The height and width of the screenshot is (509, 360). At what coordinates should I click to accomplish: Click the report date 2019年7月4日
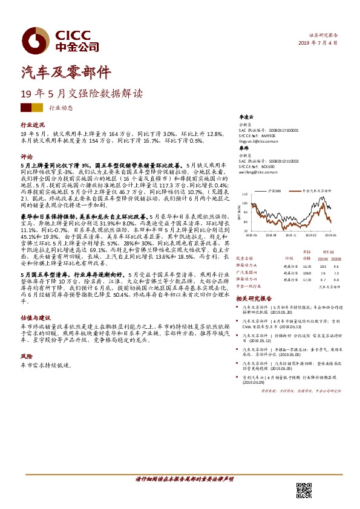click(x=318, y=44)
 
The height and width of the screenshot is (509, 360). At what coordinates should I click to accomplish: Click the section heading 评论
click(x=25, y=156)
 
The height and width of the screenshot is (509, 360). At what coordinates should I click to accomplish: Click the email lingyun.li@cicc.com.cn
click(x=260, y=140)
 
